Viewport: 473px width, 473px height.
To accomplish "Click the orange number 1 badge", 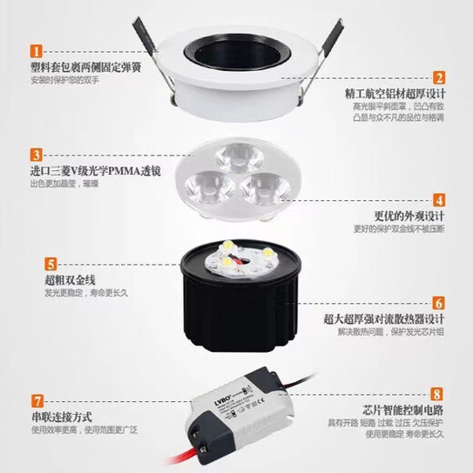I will tap(37, 51).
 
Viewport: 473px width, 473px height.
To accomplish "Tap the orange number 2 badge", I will tap(438, 78).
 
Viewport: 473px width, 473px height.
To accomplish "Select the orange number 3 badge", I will tap(37, 154).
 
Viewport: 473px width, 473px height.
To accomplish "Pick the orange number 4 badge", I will tap(438, 199).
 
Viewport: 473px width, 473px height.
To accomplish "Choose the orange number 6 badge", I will tap(438, 303).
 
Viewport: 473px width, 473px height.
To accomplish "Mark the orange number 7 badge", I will tap(37, 400).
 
